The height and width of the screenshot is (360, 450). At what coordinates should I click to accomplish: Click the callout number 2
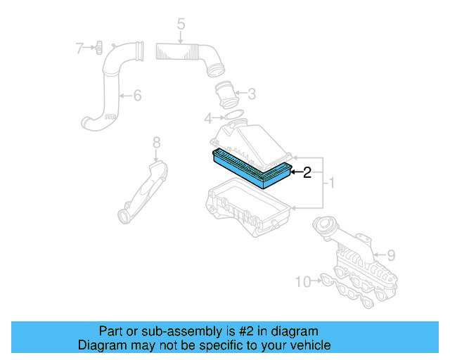click(307, 173)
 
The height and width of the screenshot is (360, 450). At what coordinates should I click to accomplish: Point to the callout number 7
click(79, 48)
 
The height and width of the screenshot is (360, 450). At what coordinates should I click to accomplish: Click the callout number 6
click(137, 94)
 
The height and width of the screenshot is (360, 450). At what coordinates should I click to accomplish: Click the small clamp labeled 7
click(99, 48)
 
